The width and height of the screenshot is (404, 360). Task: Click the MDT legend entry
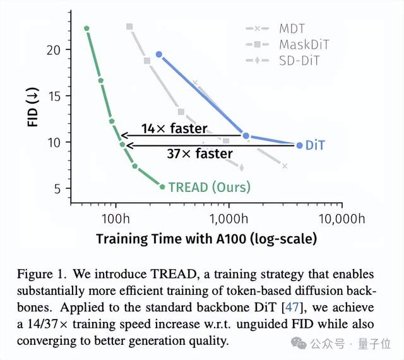292,28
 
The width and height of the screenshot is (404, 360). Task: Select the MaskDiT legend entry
303,44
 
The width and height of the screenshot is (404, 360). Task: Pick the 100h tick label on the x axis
115,219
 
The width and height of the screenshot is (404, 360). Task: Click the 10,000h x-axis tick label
341,219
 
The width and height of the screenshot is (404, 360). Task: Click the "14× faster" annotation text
174,129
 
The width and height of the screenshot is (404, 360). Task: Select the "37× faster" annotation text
199,153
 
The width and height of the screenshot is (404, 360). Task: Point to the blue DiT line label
316,145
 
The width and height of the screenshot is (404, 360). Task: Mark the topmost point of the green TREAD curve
87,28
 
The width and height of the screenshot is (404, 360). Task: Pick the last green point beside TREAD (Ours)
162,186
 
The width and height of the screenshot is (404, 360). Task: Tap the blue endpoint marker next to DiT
299,145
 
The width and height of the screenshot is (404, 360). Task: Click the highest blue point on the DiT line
159,54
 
